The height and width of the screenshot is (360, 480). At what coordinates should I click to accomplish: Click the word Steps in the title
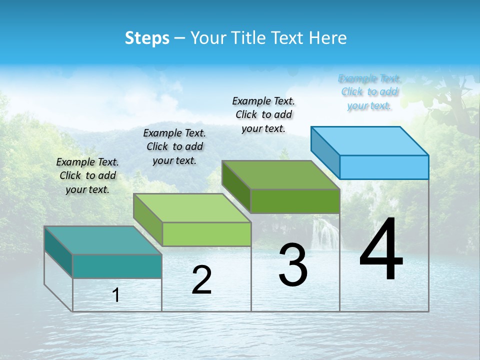tap(147, 38)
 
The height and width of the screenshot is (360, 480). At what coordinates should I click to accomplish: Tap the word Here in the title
tap(328, 38)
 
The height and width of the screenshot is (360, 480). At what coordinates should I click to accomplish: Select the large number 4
tap(381, 250)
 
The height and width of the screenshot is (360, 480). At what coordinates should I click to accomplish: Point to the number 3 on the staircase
tap(293, 264)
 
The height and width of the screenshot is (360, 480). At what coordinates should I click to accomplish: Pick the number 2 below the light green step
tap(201, 280)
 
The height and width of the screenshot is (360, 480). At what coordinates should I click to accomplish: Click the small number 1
tap(116, 295)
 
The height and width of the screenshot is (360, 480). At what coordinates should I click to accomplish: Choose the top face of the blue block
tap(370, 141)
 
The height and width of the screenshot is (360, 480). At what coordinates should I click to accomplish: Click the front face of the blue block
tap(384, 167)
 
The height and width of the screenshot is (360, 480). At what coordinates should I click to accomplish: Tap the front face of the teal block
tap(117, 266)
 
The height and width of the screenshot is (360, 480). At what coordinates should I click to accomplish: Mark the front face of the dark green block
tap(295, 201)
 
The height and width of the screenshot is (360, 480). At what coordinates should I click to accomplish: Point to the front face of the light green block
tap(206, 234)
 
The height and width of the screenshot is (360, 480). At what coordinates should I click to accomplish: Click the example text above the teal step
tap(87, 175)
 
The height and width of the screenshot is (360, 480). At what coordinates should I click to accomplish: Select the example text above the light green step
tap(174, 146)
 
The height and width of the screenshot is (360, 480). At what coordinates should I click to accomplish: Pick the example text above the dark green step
tap(263, 114)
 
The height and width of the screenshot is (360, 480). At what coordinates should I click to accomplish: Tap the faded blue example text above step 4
tap(369, 92)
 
